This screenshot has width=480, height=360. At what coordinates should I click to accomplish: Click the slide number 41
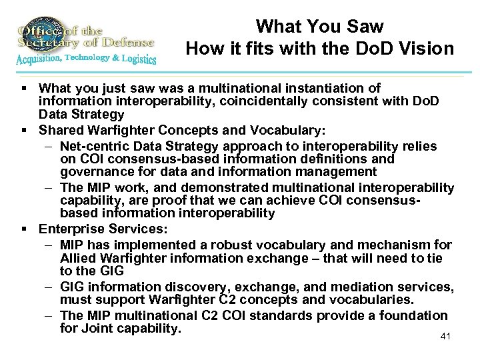point(446,336)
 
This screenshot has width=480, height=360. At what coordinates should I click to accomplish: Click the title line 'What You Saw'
point(320,27)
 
